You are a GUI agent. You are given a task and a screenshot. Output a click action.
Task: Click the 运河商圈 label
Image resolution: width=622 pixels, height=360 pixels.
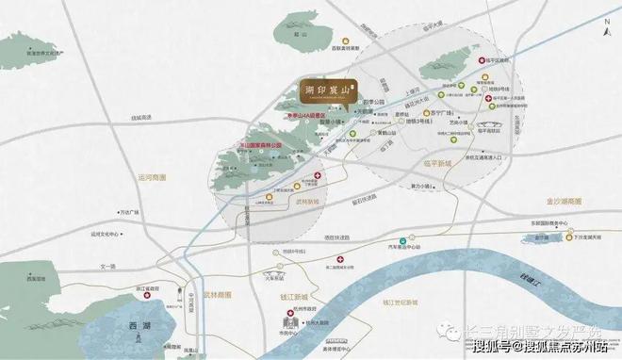(151, 176)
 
